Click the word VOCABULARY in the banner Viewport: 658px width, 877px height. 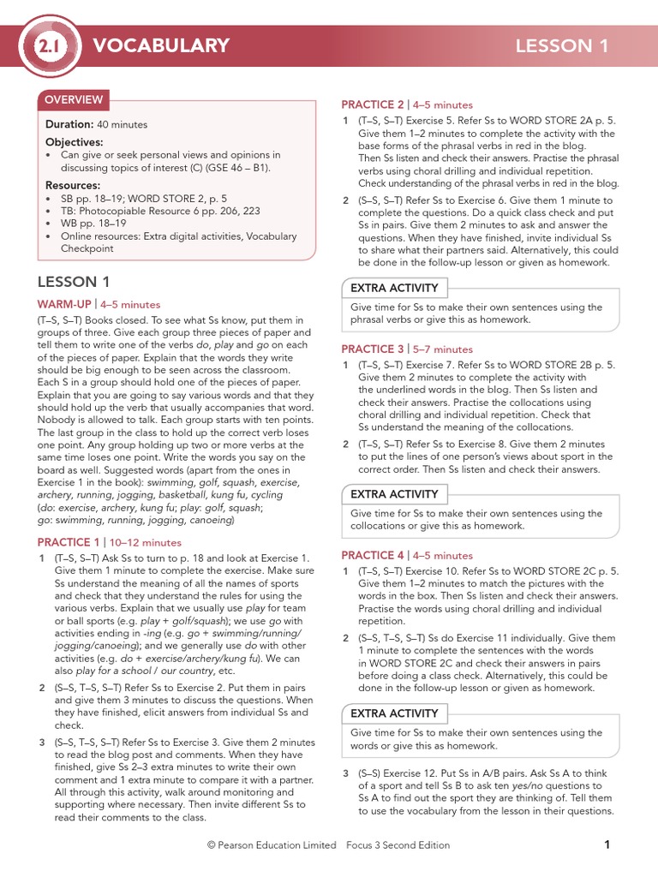pyautogui.click(x=161, y=46)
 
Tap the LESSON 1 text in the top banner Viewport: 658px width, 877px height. pyautogui.click(x=562, y=46)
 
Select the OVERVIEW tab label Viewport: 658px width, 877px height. pyautogui.click(x=74, y=99)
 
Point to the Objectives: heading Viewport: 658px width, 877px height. pyautogui.click(x=74, y=142)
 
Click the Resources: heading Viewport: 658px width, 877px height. pyautogui.click(x=73, y=185)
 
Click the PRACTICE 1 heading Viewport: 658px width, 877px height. pyautogui.click(x=69, y=542)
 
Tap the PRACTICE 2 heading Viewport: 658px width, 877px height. pyautogui.click(x=373, y=104)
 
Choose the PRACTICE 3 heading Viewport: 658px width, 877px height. pyautogui.click(x=373, y=349)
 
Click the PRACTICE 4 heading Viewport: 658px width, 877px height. pyautogui.click(x=373, y=555)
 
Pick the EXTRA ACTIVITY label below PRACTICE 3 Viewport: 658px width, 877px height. pyautogui.click(x=394, y=494)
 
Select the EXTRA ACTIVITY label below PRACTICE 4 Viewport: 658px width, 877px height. pyautogui.click(x=394, y=713)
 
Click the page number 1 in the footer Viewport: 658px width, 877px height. pyautogui.click(x=607, y=844)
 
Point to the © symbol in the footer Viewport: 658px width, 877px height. pyautogui.click(x=211, y=845)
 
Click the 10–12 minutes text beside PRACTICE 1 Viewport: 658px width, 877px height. pyautogui.click(x=144, y=542)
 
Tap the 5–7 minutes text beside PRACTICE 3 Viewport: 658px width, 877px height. pyautogui.click(x=442, y=349)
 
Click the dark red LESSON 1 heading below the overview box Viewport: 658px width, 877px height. pyautogui.click(x=74, y=281)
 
